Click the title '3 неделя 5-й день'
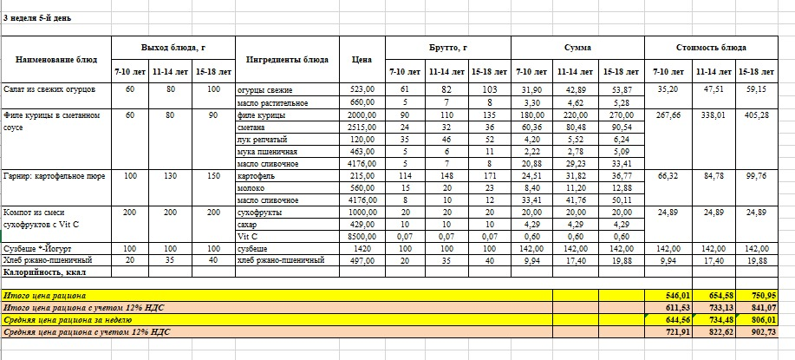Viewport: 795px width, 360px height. (37, 17)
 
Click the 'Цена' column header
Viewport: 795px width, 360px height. (363, 60)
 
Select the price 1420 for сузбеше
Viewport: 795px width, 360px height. (364, 248)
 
